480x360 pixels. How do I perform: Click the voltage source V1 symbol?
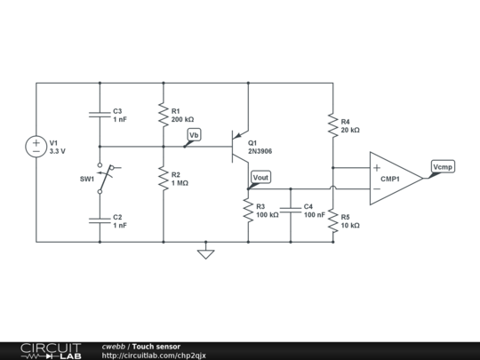tap(36, 147)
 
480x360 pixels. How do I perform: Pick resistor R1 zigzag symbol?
tap(164, 115)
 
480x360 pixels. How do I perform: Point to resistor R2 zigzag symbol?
tap(164, 179)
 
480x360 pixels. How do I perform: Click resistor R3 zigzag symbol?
tap(248, 210)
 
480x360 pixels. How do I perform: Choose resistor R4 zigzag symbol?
tap(332, 125)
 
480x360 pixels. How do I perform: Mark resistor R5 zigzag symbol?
tap(332, 220)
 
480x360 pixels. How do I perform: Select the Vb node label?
tap(194, 135)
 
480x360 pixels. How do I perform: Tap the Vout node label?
tap(260, 178)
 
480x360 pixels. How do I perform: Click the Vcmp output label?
tap(442, 166)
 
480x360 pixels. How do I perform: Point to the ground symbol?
tap(205, 253)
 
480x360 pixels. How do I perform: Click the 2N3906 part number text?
tap(262, 152)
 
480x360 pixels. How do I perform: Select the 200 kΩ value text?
tap(183, 119)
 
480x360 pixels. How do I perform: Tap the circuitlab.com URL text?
tap(154, 355)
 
